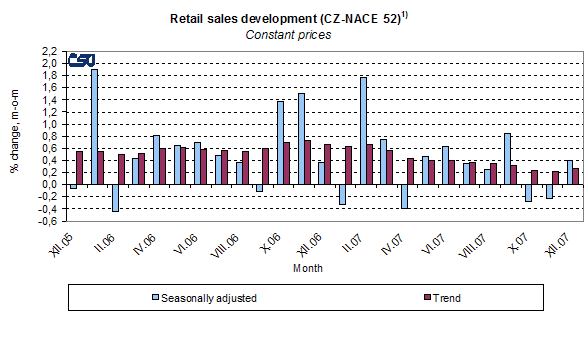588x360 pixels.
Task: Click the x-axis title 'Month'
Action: pos(307,269)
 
